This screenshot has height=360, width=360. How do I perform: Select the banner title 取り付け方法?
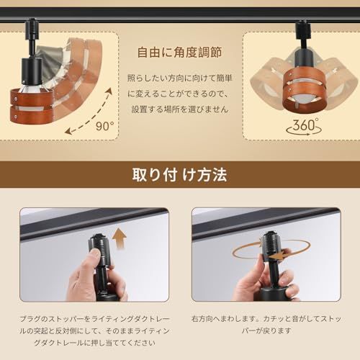click(x=179, y=175)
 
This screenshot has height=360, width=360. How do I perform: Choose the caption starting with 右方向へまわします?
click(x=266, y=324)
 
